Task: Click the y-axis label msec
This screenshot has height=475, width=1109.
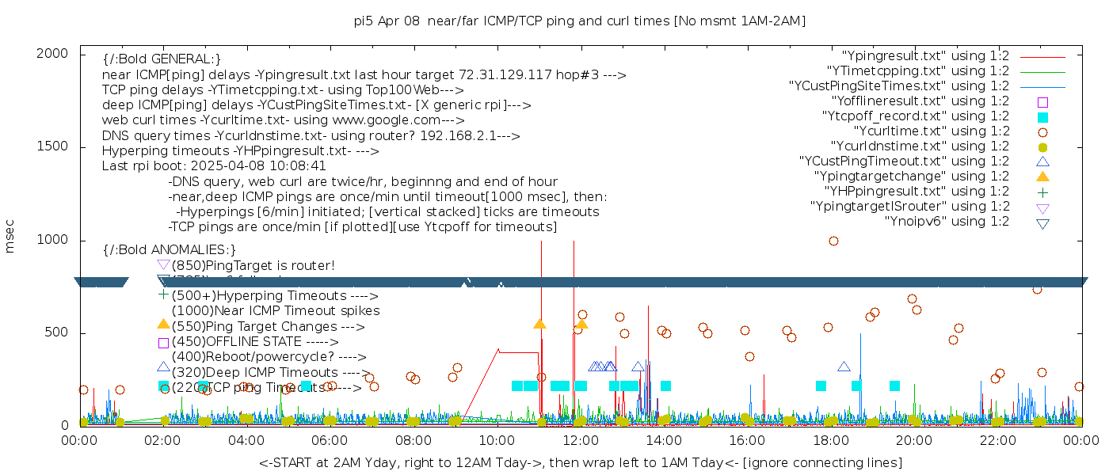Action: click(10, 235)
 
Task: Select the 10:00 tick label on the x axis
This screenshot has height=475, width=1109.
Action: click(497, 440)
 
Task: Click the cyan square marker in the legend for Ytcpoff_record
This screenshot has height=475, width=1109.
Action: click(1042, 116)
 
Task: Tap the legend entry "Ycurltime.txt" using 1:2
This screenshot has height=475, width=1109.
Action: click(931, 131)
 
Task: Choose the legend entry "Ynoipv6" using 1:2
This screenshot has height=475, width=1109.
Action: click(947, 222)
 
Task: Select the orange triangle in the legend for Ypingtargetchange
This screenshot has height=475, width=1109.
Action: click(1042, 176)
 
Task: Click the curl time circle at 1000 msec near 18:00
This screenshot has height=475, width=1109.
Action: click(833, 241)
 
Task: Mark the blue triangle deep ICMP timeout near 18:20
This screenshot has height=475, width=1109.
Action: click(844, 367)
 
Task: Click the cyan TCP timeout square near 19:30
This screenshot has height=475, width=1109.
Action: click(894, 386)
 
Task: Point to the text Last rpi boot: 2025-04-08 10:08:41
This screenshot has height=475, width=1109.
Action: click(214, 166)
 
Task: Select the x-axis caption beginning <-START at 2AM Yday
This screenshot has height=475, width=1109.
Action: click(580, 462)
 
